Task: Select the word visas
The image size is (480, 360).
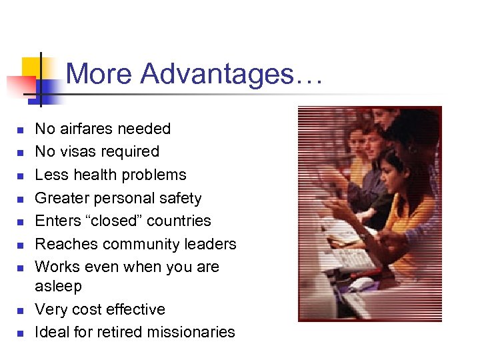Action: click(76, 151)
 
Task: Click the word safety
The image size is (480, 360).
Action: click(179, 198)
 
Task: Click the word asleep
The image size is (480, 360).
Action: click(58, 286)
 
